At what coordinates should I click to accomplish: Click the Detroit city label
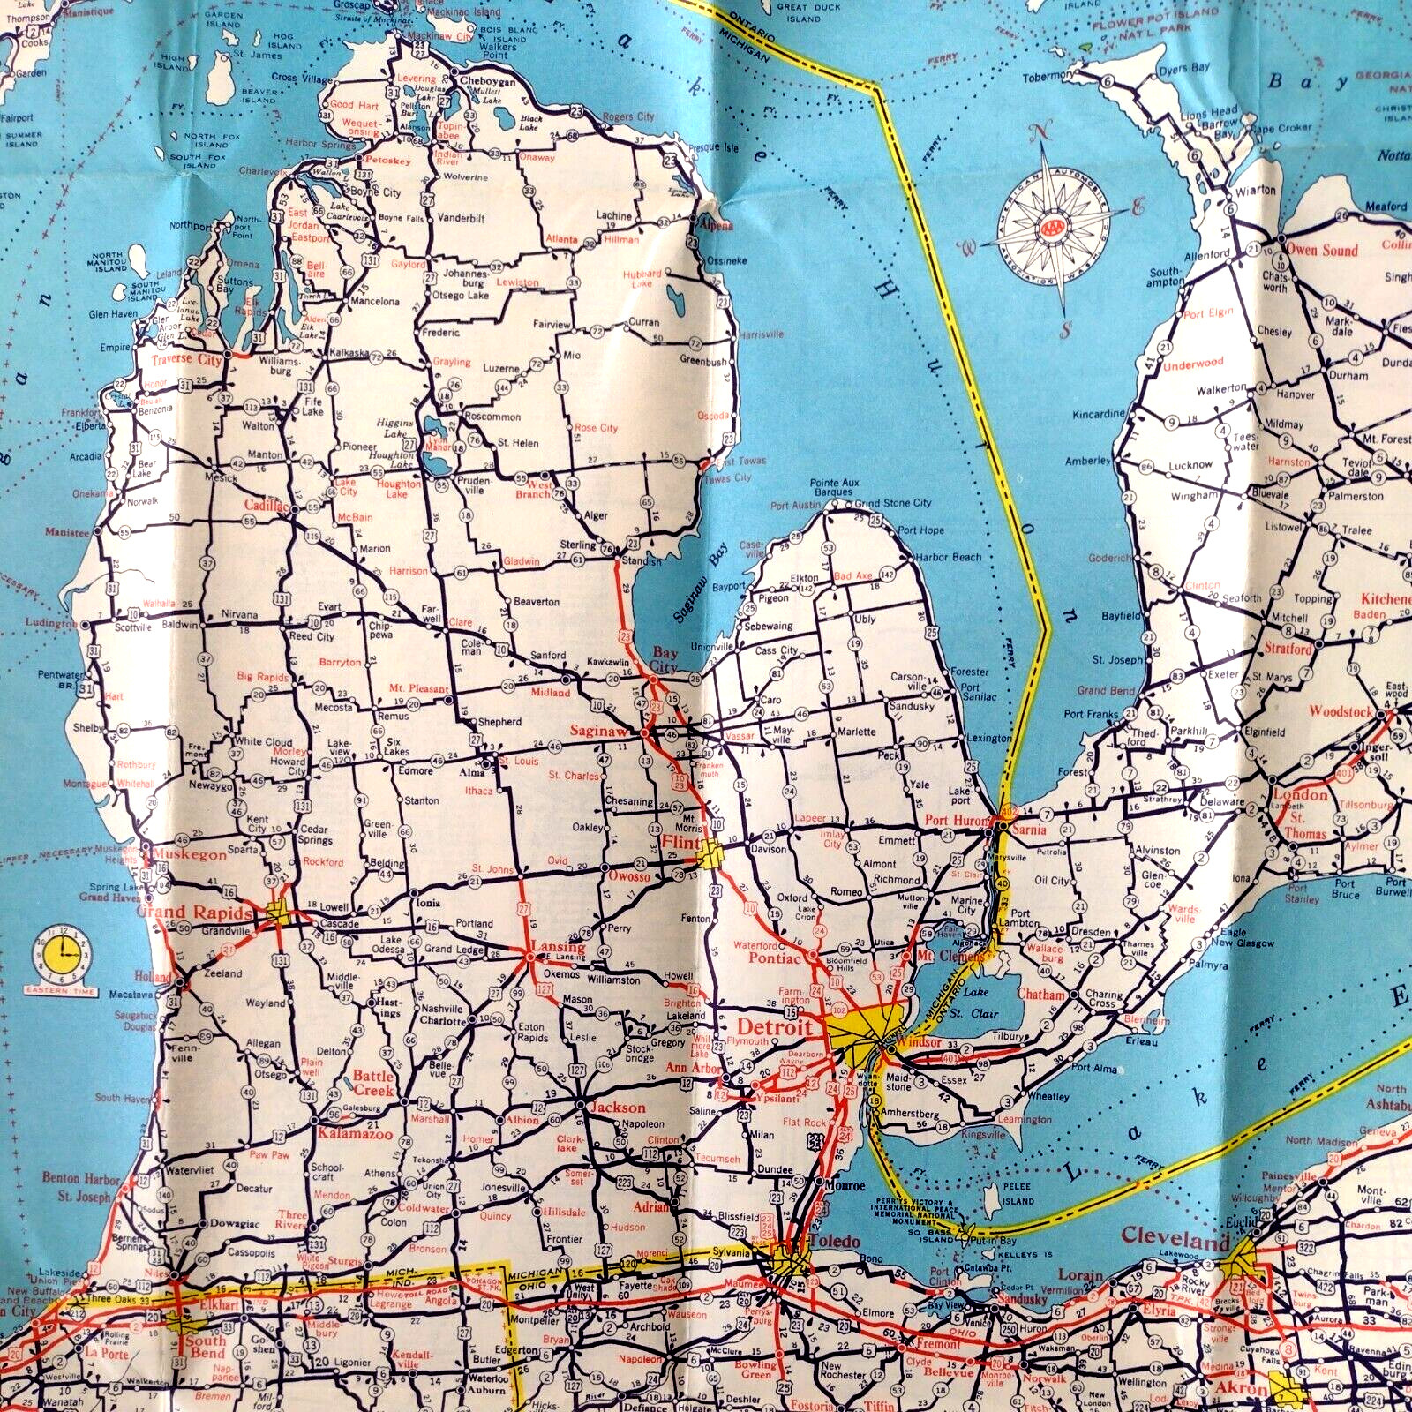tap(774, 1027)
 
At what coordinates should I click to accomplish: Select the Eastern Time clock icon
tap(62, 953)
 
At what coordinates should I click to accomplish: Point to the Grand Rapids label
tap(195, 912)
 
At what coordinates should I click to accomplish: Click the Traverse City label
tap(185, 360)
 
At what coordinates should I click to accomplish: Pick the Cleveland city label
tap(1175, 1239)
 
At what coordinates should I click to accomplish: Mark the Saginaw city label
tap(597, 731)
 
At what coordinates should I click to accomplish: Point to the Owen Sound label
tap(1320, 250)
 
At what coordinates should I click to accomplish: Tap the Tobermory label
tap(1048, 78)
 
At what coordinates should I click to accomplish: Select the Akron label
tap(1247, 1388)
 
